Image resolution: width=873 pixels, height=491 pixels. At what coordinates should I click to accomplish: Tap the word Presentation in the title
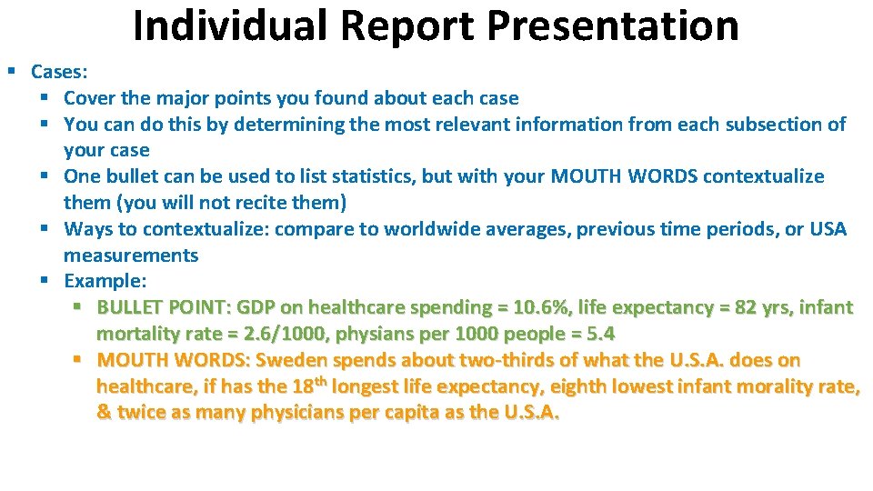[x=613, y=25]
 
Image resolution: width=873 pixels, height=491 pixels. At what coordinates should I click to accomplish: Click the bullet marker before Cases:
[x=12, y=71]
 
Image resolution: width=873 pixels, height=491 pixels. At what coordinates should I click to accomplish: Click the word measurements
[x=131, y=256]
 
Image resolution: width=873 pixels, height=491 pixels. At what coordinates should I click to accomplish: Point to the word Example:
[x=105, y=282]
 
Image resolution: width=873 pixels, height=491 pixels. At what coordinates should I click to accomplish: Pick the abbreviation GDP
[x=257, y=308]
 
